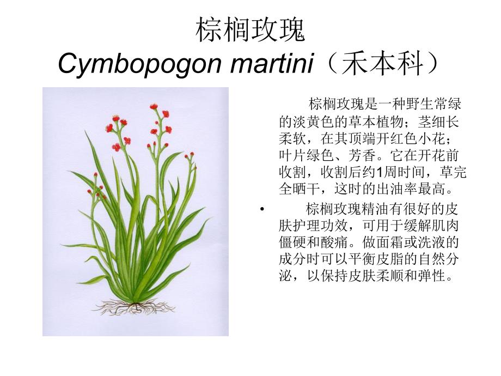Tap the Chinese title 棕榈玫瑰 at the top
[250, 31]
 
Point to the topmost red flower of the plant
[154, 107]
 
